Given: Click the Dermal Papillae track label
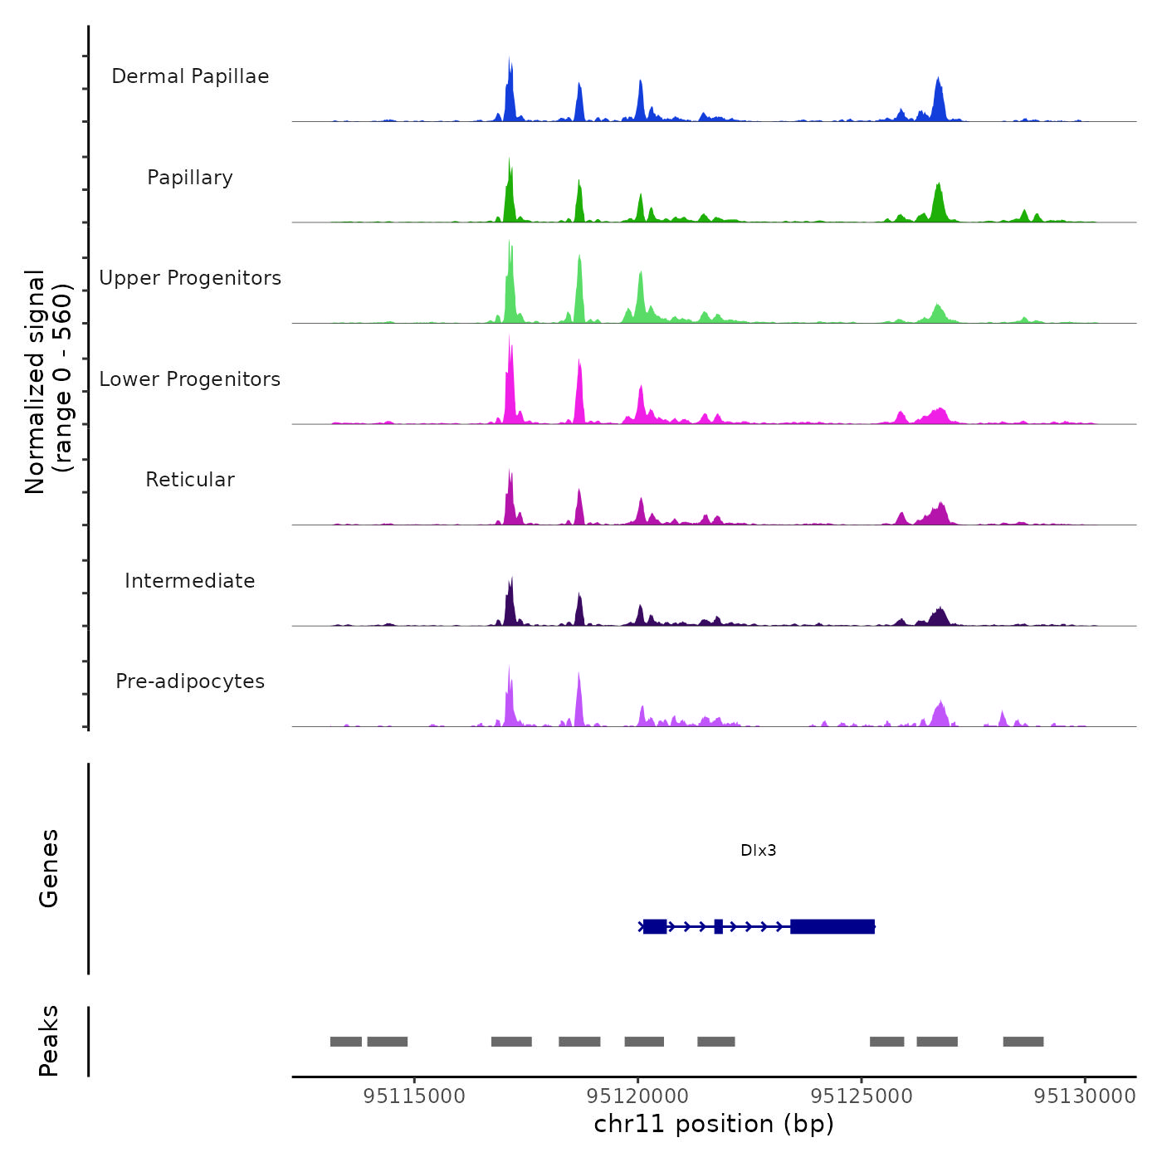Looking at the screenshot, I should pyautogui.click(x=190, y=76).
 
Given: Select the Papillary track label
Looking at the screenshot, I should pyautogui.click(x=190, y=178).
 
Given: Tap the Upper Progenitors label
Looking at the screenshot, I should pyautogui.click(x=190, y=278).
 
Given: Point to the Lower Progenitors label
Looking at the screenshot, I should pyautogui.click(x=190, y=379).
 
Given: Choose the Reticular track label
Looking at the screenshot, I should pyautogui.click(x=190, y=480).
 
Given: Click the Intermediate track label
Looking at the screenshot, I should pyautogui.click(x=190, y=581).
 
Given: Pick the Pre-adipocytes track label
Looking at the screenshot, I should pyautogui.click(x=190, y=681).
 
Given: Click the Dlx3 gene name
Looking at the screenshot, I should pyautogui.click(x=758, y=851).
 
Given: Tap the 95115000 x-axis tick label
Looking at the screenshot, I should pyautogui.click(x=414, y=1096).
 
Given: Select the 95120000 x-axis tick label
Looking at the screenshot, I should pyautogui.click(x=637, y=1096).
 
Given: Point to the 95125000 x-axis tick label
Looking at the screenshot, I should pyautogui.click(x=862, y=1096).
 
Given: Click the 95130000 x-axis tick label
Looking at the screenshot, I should pyautogui.click(x=1085, y=1096).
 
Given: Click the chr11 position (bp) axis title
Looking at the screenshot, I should pyautogui.click(x=714, y=1125).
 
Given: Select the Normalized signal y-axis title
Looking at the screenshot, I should pyautogui.click(x=48, y=381).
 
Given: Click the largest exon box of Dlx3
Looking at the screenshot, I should pyautogui.click(x=832, y=926).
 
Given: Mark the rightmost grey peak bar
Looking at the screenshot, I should pyautogui.click(x=1023, y=1042).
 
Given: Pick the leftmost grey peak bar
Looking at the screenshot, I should pyautogui.click(x=346, y=1042).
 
